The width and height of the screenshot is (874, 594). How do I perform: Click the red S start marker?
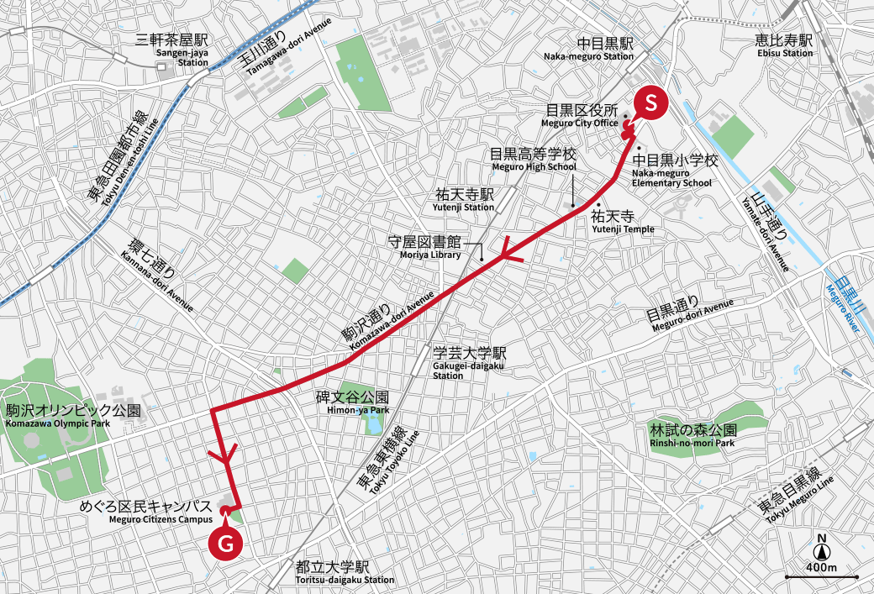tap(650, 103)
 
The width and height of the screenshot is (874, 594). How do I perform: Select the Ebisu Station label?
tap(784, 46)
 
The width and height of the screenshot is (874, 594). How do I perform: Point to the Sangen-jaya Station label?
tap(182, 50)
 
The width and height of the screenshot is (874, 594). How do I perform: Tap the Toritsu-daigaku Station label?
tap(345, 573)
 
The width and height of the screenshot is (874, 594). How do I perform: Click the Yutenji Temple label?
tap(623, 222)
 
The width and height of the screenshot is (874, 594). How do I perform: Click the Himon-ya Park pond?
tap(372, 423)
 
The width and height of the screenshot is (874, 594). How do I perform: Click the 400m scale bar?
tap(821, 576)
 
